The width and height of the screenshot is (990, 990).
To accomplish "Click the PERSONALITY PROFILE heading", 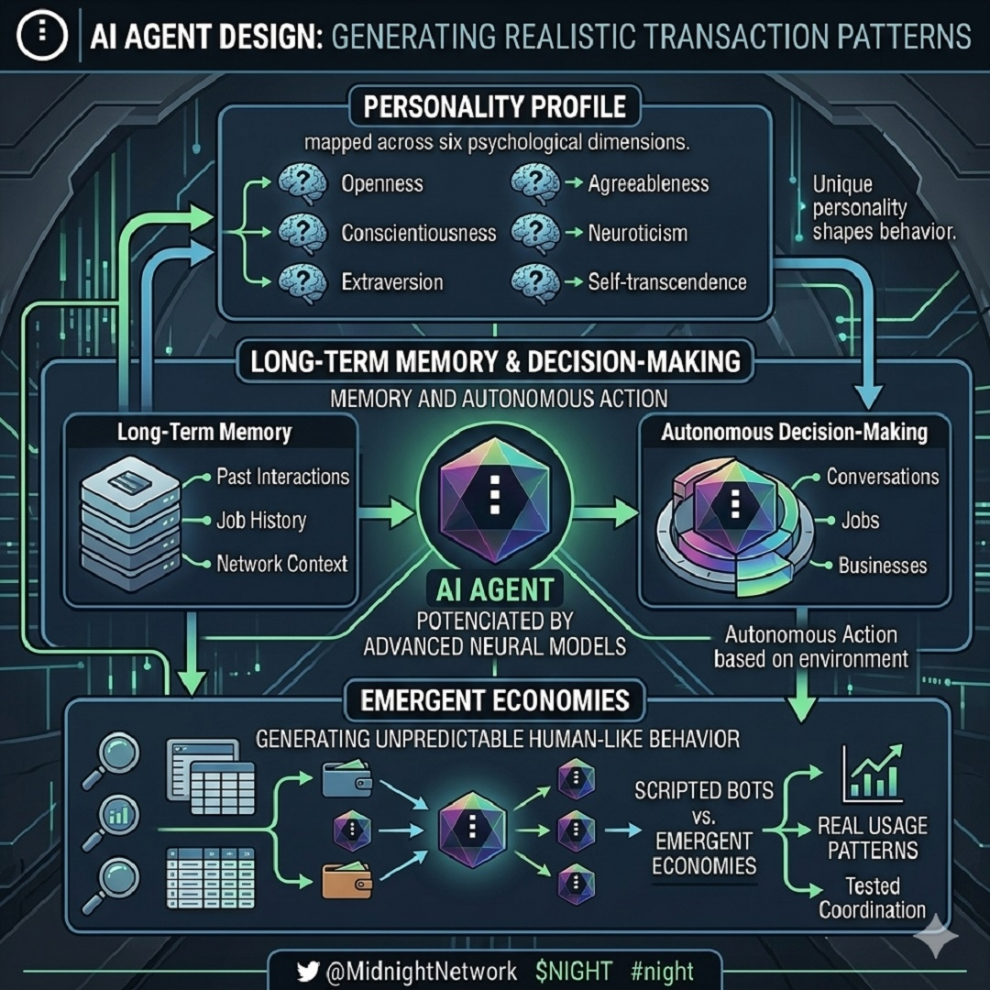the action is coord(494,106).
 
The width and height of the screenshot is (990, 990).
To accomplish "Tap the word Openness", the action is coord(381,183).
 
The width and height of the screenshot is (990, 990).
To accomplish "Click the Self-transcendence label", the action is coord(667,281).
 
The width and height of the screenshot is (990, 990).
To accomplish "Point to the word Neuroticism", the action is coord(637,233).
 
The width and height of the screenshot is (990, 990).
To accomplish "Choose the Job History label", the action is coord(261,521).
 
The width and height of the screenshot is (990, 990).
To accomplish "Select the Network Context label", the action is coord(281,564).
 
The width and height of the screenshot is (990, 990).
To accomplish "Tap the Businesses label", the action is coord(883,566).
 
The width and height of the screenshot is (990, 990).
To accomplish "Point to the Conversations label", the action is coord(883,477).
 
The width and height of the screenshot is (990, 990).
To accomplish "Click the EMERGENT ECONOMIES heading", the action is coord(494,701).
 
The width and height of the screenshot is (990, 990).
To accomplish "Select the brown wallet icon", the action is coord(346,881).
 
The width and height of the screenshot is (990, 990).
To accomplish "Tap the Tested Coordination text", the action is coord(872,898).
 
